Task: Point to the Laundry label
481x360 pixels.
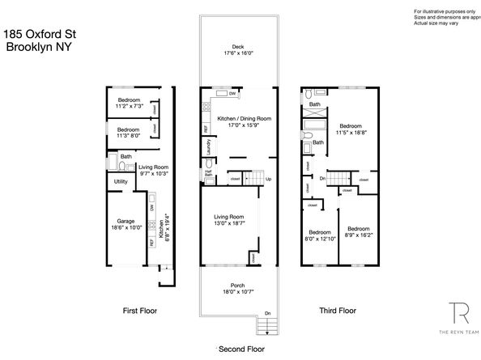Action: tap(209, 148)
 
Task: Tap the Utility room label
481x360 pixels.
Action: tap(121, 182)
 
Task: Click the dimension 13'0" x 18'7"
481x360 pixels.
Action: tap(230, 223)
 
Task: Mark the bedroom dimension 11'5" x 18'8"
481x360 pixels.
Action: tap(351, 133)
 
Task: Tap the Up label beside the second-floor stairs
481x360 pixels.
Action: tap(268, 179)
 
